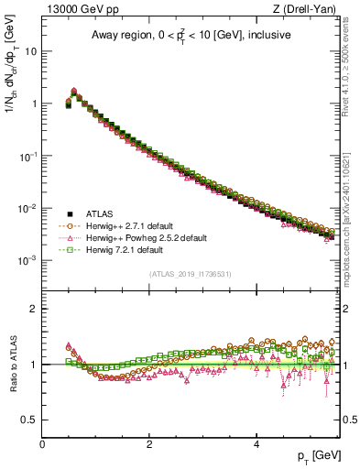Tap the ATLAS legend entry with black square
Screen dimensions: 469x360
coord(99,212)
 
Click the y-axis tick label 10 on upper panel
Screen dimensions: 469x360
coord(30,51)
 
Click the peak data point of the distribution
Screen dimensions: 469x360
coord(74,92)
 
